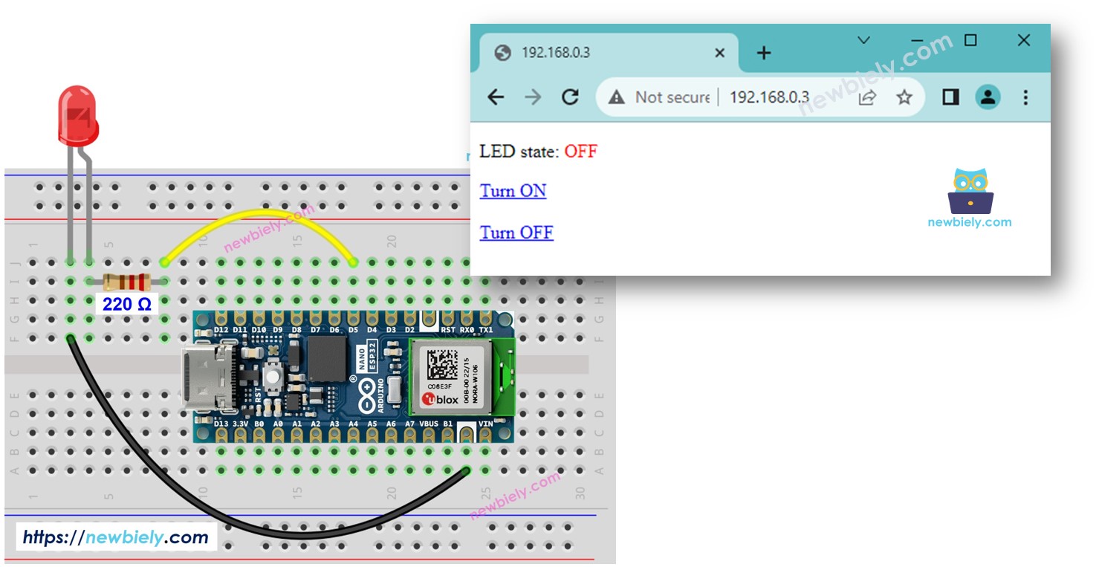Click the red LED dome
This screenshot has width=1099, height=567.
[x=78, y=115]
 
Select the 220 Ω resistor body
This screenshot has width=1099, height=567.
[x=126, y=282]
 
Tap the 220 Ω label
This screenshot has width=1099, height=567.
[x=126, y=304]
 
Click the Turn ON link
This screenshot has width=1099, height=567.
[x=513, y=191]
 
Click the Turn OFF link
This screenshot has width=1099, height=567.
[x=516, y=233]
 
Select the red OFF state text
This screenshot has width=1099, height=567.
[x=580, y=152]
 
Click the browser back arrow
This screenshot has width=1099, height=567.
[x=496, y=97]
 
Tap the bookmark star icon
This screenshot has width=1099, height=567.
[x=904, y=97]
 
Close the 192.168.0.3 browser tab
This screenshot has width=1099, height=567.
[x=719, y=53]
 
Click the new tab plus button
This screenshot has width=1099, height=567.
[x=764, y=53]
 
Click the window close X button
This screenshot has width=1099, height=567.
[x=1023, y=40]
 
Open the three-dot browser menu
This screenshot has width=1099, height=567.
[x=1025, y=97]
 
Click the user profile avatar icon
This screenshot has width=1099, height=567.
[x=988, y=97]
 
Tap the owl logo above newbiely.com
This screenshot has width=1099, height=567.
[x=970, y=191]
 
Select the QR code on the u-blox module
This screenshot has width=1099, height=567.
[x=443, y=364]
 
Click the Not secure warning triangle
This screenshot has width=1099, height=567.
[x=617, y=97]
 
